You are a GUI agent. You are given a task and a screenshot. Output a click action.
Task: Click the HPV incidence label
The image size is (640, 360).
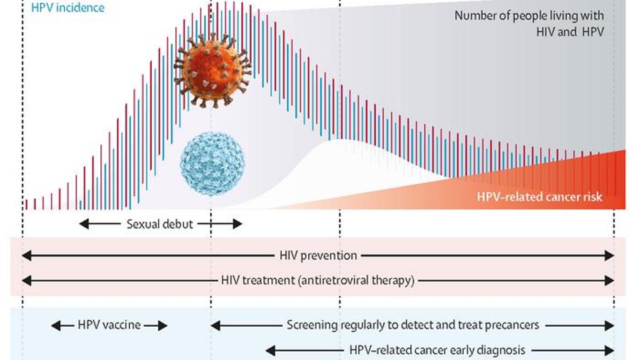pos(68,8)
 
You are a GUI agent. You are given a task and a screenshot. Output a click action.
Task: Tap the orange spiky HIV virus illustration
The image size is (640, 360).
pos(213,70)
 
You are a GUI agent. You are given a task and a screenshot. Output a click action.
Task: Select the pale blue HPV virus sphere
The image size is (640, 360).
pos(212,164)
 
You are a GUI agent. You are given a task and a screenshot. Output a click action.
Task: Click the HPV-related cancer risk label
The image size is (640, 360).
pos(539,197)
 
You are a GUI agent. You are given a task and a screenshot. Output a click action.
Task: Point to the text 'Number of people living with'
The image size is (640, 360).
pos(529,16)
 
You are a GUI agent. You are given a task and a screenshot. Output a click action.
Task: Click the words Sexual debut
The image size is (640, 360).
pos(160,224)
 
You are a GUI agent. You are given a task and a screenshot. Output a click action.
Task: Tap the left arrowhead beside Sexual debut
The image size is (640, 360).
pos(84,224)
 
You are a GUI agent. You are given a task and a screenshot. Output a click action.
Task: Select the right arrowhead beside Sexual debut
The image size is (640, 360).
pos(238,224)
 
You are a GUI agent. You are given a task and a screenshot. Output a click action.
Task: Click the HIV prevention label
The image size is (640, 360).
pos(318,255)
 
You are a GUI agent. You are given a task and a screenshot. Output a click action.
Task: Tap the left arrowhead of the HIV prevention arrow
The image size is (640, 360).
pos(27,255)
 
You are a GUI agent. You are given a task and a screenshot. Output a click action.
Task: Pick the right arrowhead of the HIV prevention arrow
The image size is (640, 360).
pos(610,255)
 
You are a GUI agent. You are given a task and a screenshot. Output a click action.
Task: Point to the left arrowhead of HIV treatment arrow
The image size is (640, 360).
pos(27,280)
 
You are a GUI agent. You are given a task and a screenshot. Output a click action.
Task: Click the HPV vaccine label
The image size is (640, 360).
pos(109,325)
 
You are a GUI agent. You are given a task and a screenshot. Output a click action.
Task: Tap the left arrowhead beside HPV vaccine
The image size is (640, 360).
pos(56,326)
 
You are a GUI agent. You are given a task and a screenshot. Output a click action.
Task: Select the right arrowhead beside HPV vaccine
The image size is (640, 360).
pos(163,326)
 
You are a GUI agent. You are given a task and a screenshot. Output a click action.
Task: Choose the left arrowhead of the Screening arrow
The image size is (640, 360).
pos(216,326)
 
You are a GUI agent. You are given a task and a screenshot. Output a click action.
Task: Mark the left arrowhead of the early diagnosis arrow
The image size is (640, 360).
pos(271,351)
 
